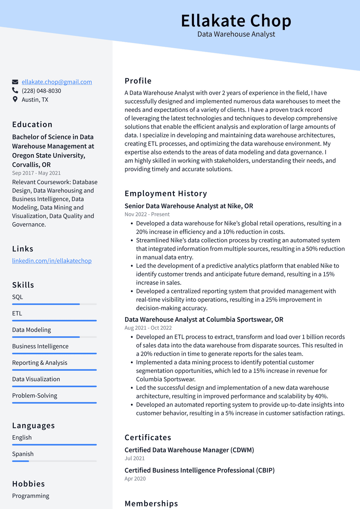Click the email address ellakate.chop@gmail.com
pyautogui.click(x=57, y=82)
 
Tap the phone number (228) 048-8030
pyautogui.click(x=41, y=91)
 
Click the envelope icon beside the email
pyautogui.click(x=15, y=82)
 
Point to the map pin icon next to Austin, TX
pyautogui.click(x=15, y=100)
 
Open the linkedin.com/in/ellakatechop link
pyautogui.click(x=52, y=261)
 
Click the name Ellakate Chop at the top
pyautogui.click(x=236, y=21)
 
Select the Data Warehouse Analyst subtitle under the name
pyautogui.click(x=236, y=34)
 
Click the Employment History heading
pyautogui.click(x=166, y=193)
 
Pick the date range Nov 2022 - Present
pyautogui.click(x=147, y=214)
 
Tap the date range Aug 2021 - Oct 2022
pyautogui.click(x=148, y=328)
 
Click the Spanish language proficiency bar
pyautogui.click(x=54, y=461)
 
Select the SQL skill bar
pyautogui.click(x=54, y=304)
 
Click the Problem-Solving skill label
pyautogui.click(x=34, y=395)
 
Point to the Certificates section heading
pyautogui.click(x=148, y=438)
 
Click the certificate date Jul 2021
pyautogui.click(x=134, y=458)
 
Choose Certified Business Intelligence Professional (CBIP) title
pyautogui.click(x=199, y=470)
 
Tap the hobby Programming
pyautogui.click(x=31, y=496)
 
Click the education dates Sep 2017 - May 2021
pyautogui.click(x=36, y=173)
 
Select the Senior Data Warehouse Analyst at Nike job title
pyautogui.click(x=189, y=206)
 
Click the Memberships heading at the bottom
pyautogui.click(x=151, y=503)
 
